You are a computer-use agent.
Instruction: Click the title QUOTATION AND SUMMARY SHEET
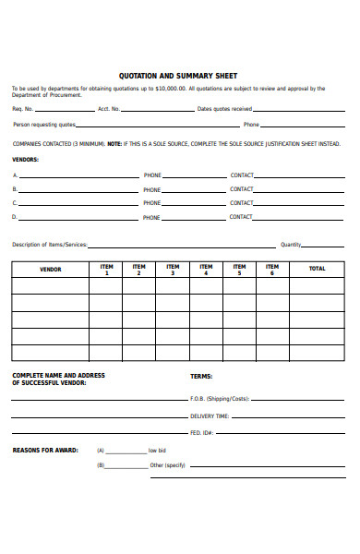[x=178, y=76]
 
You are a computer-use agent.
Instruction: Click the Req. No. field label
[x=23, y=109]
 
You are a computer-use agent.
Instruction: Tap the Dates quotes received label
[x=225, y=109]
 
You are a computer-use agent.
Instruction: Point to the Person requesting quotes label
[x=43, y=124]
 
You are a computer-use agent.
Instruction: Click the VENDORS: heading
[x=25, y=159]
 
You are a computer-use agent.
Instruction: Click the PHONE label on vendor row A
[x=151, y=175]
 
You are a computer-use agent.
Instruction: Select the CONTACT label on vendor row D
[x=241, y=217]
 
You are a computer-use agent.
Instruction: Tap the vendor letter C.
[x=14, y=202]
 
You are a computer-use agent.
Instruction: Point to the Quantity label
[x=291, y=245]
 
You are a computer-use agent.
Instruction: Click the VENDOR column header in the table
[x=50, y=270]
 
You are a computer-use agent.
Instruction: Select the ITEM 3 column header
[x=173, y=270]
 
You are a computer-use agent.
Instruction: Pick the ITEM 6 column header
[x=271, y=270]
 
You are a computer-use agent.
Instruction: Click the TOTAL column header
[x=317, y=270]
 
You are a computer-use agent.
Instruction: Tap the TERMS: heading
[x=201, y=376]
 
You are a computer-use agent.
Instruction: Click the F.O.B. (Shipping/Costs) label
[x=220, y=398]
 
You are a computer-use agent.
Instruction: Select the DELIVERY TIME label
[x=209, y=415]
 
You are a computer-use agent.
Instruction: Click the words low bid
[x=157, y=451]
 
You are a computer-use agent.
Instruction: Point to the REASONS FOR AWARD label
[x=40, y=450]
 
